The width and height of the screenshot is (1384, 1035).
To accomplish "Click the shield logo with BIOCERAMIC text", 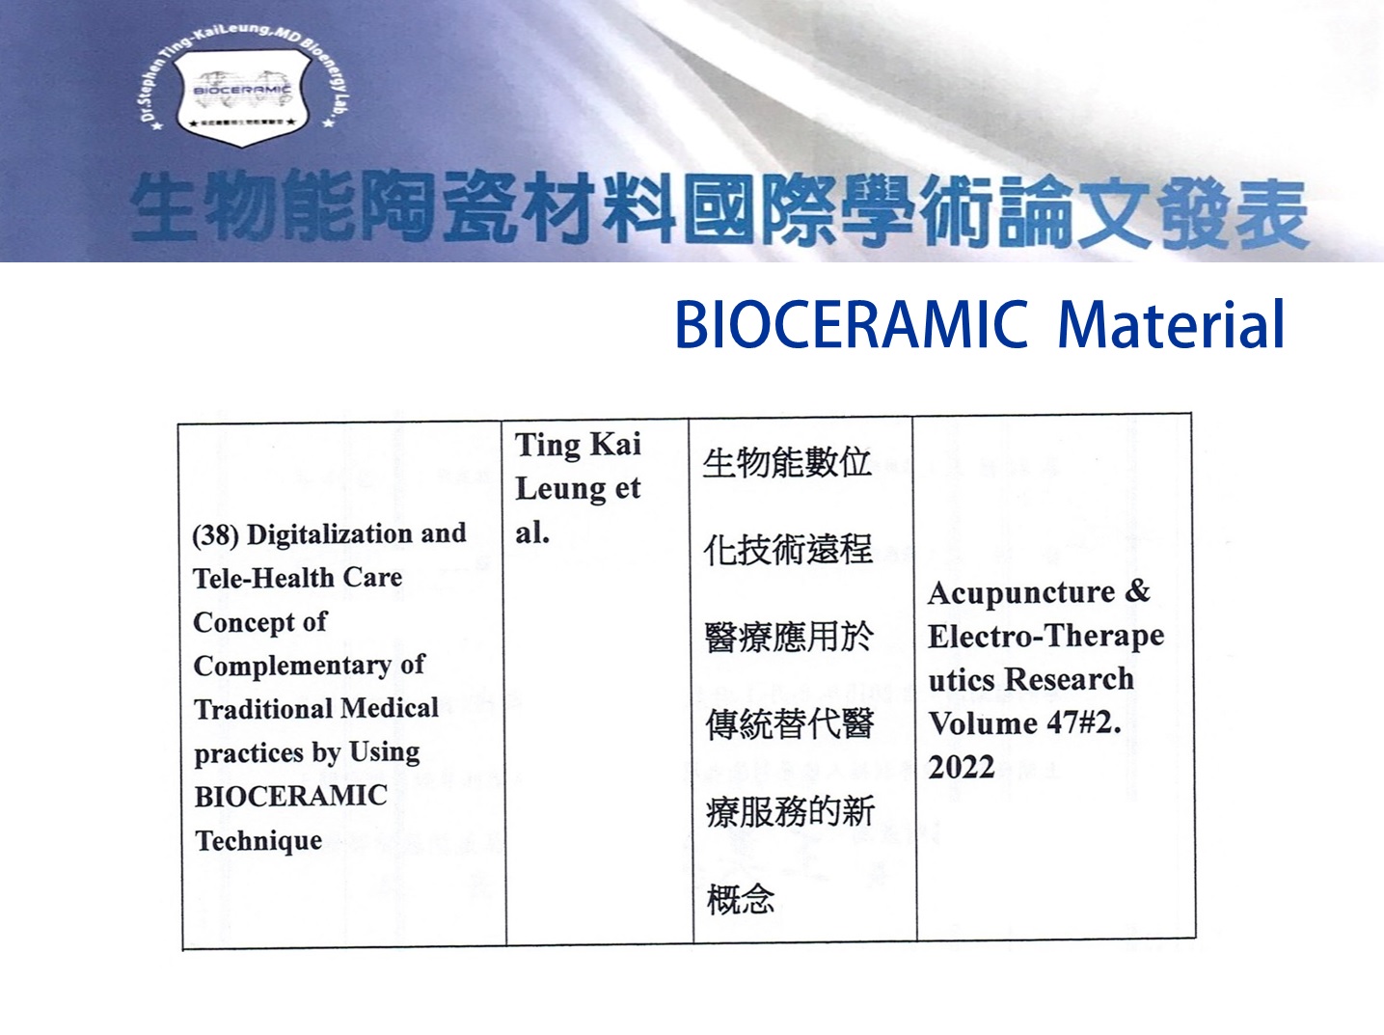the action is click(x=242, y=97).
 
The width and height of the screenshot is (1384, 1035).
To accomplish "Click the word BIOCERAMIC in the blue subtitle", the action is click(x=852, y=325).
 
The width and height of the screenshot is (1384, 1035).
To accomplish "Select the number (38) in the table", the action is click(x=216, y=535).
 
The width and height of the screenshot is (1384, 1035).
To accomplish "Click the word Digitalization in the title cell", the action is click(x=331, y=534).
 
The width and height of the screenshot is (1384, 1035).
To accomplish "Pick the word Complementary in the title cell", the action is click(x=292, y=667).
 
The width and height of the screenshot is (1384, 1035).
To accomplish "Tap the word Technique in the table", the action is click(x=258, y=841).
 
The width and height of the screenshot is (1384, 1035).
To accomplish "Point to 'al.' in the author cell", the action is click(x=532, y=533).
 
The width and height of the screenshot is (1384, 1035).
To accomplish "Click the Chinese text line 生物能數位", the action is click(x=787, y=463).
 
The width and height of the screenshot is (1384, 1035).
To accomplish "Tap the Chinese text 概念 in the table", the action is click(x=741, y=900).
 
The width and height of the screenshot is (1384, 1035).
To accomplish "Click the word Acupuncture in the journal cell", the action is click(x=1020, y=594).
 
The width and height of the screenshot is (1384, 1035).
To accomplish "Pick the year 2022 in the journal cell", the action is click(x=961, y=767).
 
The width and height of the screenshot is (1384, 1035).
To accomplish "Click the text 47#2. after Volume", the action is click(x=1084, y=723).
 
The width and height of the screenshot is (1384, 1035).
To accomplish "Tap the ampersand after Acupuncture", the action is click(x=1137, y=592).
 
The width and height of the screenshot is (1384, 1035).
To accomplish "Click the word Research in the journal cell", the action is click(x=1070, y=679).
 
